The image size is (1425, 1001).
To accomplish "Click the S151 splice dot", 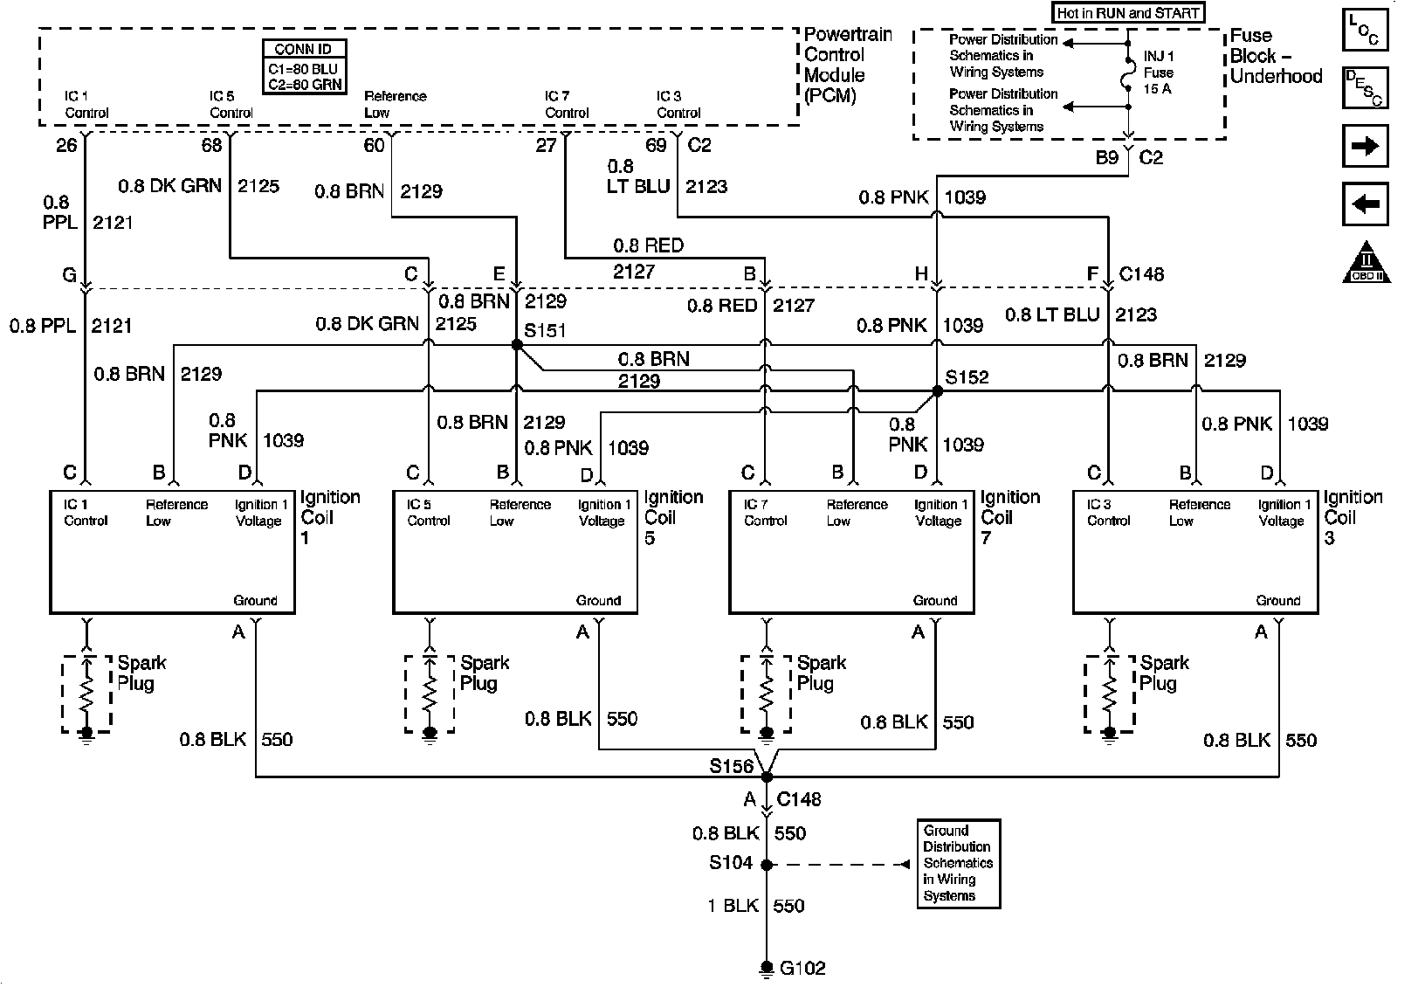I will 517,345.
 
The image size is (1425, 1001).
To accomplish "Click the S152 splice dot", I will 937,392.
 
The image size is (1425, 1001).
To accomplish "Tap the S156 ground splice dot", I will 766,776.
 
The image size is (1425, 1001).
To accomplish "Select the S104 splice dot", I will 766,865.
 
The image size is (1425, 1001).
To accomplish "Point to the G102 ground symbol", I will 766,968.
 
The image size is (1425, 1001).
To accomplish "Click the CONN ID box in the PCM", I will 304,66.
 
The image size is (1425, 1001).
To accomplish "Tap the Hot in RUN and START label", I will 1128,13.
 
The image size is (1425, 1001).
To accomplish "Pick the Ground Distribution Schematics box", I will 958,863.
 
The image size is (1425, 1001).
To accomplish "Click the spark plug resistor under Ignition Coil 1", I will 86,694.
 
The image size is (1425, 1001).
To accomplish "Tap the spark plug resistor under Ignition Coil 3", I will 1109,694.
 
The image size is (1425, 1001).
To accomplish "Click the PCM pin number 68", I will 212,145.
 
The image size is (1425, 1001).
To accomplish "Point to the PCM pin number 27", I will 546,145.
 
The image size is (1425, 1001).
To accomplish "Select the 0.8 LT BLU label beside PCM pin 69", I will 638,176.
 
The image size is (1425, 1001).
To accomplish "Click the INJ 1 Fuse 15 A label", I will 1159,72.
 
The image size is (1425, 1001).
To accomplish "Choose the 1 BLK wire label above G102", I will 733,906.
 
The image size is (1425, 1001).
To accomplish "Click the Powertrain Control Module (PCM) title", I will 846,66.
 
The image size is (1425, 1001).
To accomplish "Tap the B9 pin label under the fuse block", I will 1106,158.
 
